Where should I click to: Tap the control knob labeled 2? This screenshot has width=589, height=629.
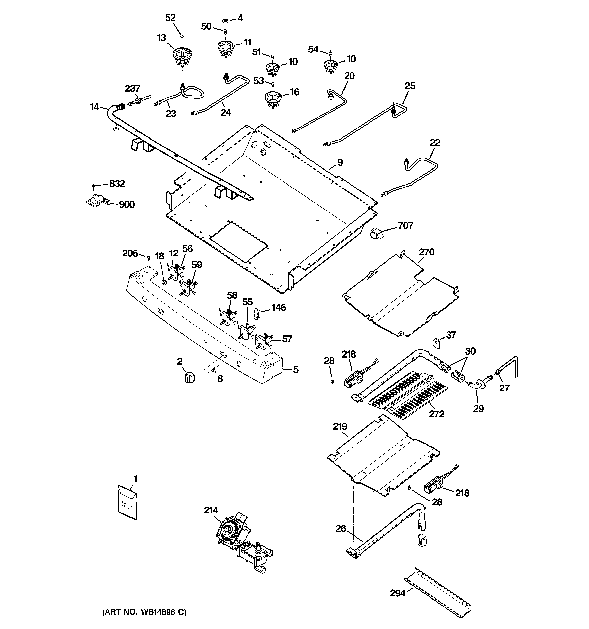coord(189,377)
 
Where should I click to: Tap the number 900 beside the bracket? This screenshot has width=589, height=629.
coord(126,204)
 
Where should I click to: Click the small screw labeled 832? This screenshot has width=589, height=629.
coord(94,186)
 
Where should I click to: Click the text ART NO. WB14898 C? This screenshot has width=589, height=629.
coord(144,612)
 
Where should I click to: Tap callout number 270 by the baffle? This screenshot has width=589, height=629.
coord(427,252)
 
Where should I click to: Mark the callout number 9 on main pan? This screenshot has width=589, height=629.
coord(340,163)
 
